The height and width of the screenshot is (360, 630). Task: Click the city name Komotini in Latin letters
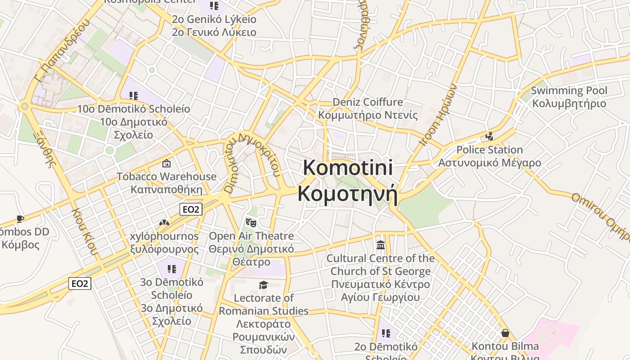click(x=348, y=168)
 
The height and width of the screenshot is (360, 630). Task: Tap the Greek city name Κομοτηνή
click(x=347, y=194)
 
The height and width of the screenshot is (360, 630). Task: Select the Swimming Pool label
click(x=569, y=90)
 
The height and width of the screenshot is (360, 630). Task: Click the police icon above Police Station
click(x=489, y=136)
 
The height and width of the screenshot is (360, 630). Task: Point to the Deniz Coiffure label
click(x=368, y=102)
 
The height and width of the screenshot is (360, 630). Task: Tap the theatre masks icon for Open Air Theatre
click(x=251, y=222)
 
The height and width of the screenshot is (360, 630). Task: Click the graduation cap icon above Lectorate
click(x=263, y=285)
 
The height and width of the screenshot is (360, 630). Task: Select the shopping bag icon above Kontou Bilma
click(x=505, y=333)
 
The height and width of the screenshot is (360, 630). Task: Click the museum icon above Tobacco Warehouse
click(x=166, y=163)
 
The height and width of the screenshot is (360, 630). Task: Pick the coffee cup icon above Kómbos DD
click(x=20, y=219)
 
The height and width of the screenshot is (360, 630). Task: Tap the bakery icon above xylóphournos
click(x=164, y=223)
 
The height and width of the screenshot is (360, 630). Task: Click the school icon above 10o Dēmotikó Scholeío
click(x=133, y=95)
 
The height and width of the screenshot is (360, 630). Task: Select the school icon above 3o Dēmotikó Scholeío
click(x=171, y=269)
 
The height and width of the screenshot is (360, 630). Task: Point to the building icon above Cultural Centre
click(x=381, y=245)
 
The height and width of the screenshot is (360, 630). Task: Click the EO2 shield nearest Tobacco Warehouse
click(x=191, y=209)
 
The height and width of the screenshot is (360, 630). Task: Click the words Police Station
click(x=490, y=149)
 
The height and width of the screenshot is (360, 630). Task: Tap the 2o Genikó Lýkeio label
click(x=214, y=19)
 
